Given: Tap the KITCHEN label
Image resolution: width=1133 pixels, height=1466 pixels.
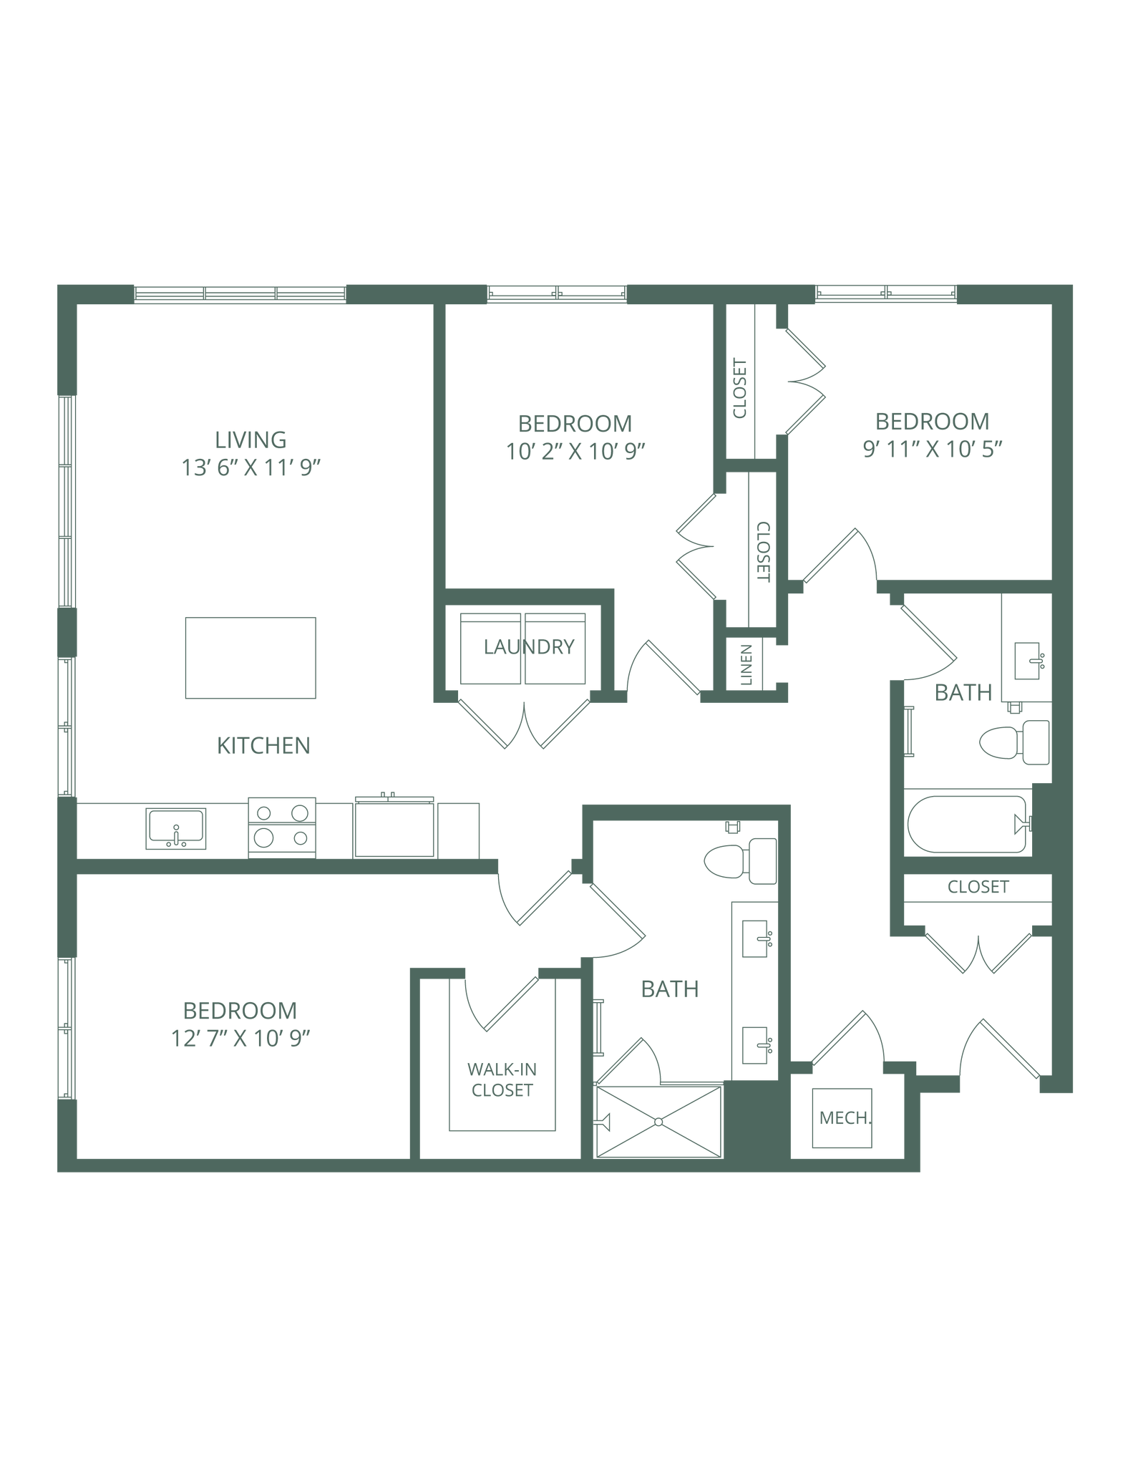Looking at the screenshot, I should point(264,747).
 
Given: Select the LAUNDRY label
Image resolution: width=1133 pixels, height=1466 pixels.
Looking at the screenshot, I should point(529,648).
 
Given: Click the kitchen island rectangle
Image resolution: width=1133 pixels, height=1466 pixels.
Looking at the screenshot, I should point(251,657).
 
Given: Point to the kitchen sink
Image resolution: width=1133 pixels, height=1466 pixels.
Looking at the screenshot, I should point(175,827).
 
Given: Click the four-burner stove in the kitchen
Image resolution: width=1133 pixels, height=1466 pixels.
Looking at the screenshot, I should point(282,827).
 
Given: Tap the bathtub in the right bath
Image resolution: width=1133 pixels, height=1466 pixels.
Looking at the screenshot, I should point(966,824).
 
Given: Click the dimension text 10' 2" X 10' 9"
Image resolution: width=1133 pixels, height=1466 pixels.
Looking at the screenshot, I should point(575,452).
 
